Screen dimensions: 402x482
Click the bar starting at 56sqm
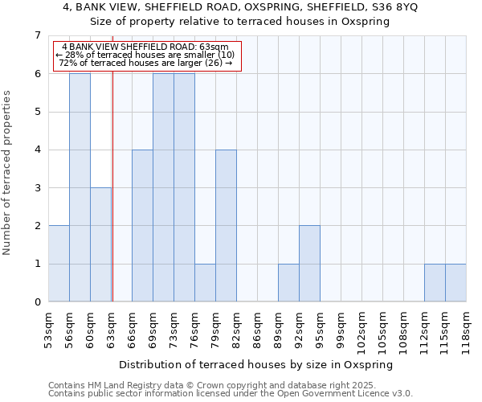coord(80,187)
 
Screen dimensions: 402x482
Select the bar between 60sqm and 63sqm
coord(100,244)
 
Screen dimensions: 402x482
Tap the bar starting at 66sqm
coord(142,226)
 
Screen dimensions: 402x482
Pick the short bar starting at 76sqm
coord(205,283)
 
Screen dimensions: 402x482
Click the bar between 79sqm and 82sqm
coord(226,226)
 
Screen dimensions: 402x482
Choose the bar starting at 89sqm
coord(288,283)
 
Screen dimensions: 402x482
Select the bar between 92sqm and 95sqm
coord(309,264)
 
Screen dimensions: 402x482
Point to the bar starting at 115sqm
coord(455,283)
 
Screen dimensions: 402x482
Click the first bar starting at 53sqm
coord(59,264)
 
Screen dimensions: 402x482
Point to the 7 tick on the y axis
coord(37,35)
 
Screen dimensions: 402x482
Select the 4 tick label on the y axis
coord(37,150)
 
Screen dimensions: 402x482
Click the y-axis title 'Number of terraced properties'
coord(7,172)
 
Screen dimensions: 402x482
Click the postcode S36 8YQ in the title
coord(389,6)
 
